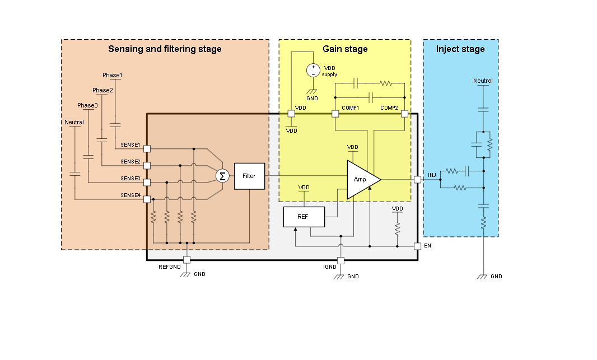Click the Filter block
tap(249, 176)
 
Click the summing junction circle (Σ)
tap(222, 176)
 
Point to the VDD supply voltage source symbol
tap(313, 71)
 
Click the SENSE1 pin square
tap(147, 149)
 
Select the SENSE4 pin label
tap(130, 195)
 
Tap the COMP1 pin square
tap(335, 114)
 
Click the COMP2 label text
tap(389, 107)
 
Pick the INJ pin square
tap(417, 180)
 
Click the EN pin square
tap(417, 246)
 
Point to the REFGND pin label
tap(170, 267)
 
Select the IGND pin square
tap(341, 260)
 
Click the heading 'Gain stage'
tap(345, 49)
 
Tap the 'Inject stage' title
tap(460, 49)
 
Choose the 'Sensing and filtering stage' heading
tap(165, 49)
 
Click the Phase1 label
tap(112, 75)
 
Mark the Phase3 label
tap(87, 105)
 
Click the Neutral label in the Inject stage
tap(483, 81)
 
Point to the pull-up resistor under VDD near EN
tap(397, 228)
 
